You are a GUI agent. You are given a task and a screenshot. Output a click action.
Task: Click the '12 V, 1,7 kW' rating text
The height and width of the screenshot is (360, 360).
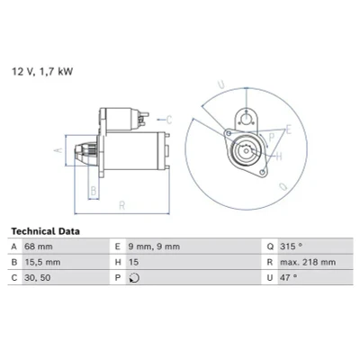pyautogui.click(x=42, y=72)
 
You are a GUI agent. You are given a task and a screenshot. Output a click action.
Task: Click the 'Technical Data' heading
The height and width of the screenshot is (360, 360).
pyautogui.click(x=46, y=231)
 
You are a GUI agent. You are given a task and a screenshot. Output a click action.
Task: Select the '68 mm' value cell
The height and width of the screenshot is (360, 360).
pyautogui.click(x=39, y=247)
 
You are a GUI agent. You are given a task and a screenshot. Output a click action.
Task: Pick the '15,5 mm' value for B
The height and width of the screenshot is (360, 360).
pyautogui.click(x=42, y=262)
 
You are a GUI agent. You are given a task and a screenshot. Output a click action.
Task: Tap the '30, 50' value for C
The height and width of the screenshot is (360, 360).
pyautogui.click(x=38, y=278)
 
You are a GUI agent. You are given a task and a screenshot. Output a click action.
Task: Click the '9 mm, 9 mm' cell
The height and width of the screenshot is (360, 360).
pyautogui.click(x=154, y=247)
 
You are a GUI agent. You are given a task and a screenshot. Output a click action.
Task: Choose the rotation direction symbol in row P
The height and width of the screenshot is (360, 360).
pyautogui.click(x=134, y=278)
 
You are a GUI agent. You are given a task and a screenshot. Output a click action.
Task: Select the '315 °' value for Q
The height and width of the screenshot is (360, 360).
pyautogui.click(x=291, y=247)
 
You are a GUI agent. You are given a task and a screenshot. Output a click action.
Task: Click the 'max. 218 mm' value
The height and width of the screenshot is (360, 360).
pyautogui.click(x=308, y=262)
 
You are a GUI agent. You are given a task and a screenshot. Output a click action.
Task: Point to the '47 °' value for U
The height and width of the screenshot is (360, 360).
pyautogui.click(x=288, y=278)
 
